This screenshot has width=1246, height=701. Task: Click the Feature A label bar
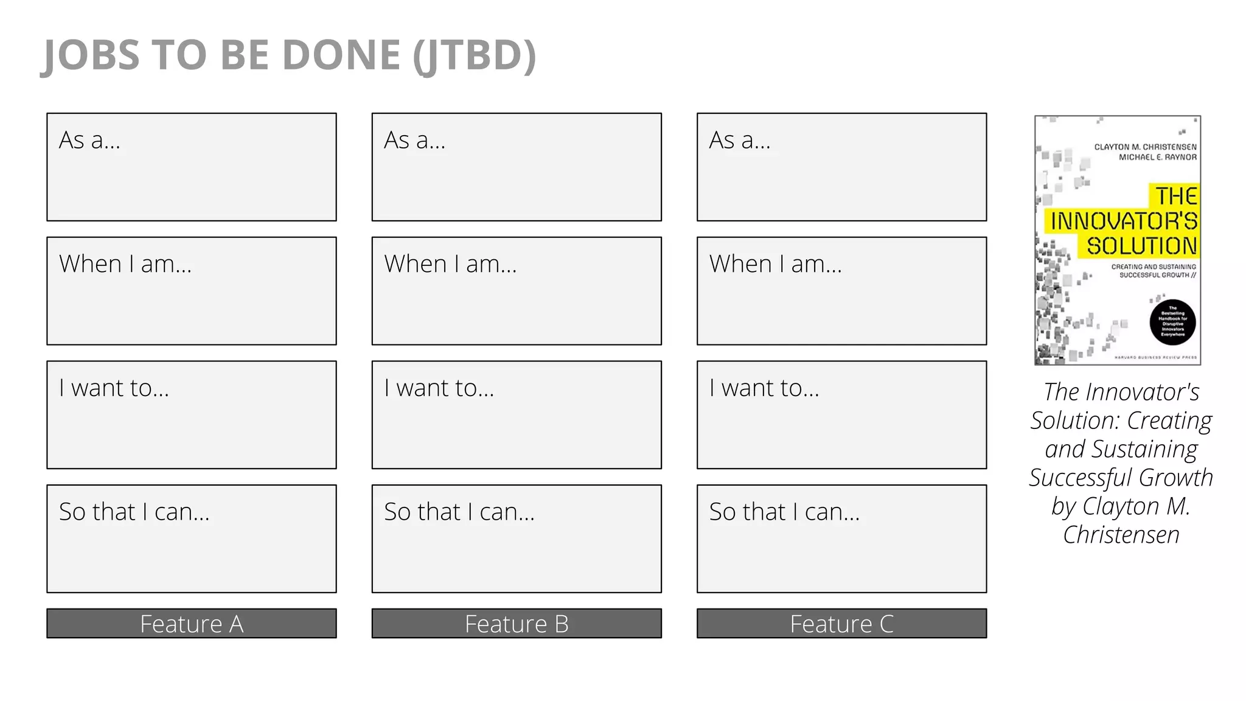coord(192,624)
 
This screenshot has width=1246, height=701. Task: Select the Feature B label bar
coord(517,624)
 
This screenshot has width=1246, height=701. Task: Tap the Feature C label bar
coord(841,624)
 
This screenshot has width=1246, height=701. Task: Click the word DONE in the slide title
coord(341,55)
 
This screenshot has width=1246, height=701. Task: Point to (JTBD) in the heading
coord(475,56)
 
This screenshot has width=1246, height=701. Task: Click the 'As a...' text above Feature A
coord(89,141)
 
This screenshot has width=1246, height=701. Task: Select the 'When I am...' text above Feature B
coord(450,264)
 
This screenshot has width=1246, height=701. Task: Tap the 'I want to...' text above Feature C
coord(764,388)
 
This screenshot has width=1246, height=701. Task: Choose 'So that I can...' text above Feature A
coord(134,512)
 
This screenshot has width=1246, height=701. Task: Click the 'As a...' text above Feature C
coord(740,141)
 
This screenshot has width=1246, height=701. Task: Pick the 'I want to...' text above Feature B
coord(439,388)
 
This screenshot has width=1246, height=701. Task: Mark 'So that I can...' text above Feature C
coord(784,512)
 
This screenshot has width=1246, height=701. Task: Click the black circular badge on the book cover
coord(1172,323)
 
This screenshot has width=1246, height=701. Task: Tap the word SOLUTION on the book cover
coord(1142,246)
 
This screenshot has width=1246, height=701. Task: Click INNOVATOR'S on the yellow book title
coord(1124,221)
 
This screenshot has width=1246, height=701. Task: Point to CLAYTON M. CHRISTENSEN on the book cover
coord(1145,147)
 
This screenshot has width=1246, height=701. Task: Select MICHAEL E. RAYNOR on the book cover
coord(1158,157)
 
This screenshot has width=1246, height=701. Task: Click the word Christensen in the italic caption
coord(1121,535)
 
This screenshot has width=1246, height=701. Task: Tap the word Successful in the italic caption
coord(1081,478)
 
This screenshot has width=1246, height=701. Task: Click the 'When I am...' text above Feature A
coord(125,264)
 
